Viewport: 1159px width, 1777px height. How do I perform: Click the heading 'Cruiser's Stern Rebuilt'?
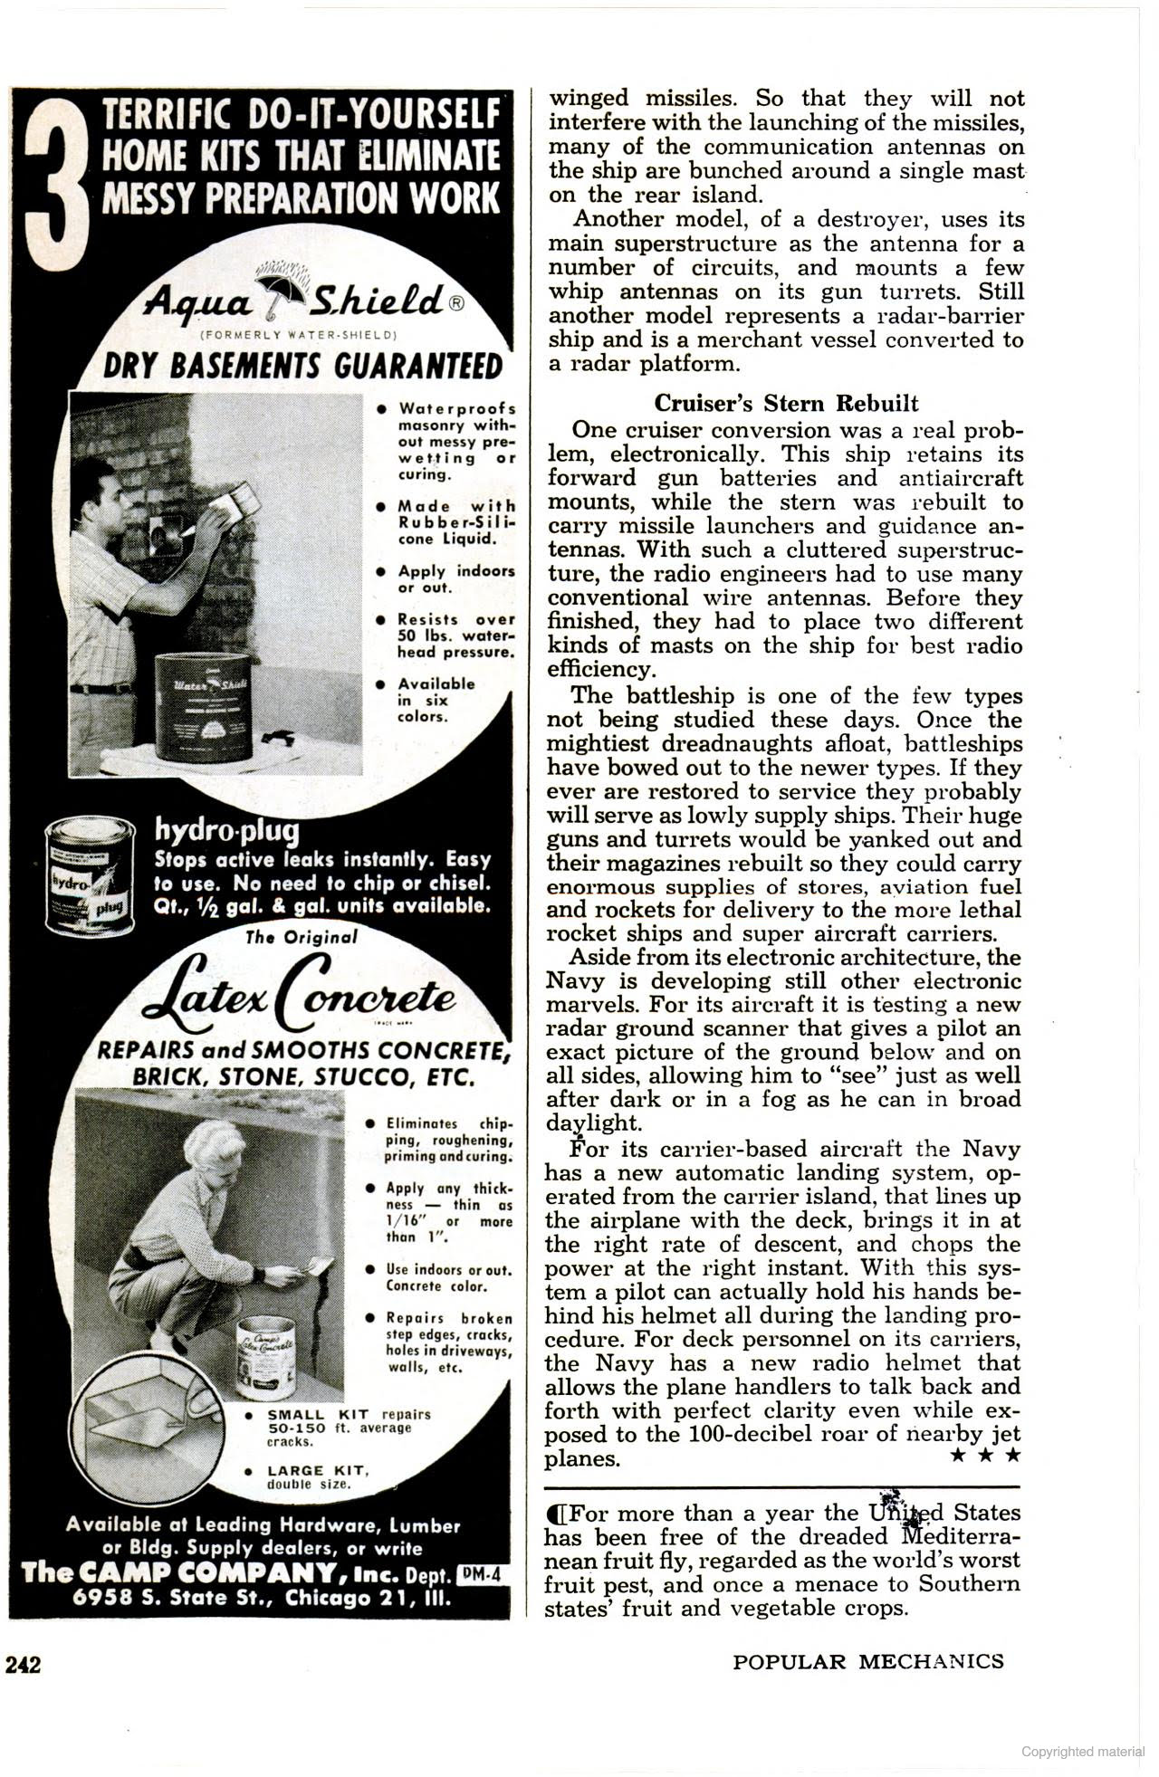pos(785,403)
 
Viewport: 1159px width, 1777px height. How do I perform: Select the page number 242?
pos(24,1664)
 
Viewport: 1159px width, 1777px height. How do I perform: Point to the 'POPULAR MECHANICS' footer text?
pos(867,1661)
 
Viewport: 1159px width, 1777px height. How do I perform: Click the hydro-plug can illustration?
pos(91,875)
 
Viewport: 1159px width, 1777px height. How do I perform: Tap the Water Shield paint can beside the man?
pos(202,707)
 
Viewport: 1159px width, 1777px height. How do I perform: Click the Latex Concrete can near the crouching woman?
pos(266,1357)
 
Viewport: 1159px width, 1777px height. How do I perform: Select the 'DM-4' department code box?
pos(481,1574)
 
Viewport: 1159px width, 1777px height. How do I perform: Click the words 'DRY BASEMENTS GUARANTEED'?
pos(302,367)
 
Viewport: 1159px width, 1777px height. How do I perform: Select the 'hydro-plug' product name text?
pos(226,829)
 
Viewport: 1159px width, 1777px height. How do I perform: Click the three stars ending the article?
pos(985,1455)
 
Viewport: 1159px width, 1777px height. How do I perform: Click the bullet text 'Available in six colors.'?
pos(436,700)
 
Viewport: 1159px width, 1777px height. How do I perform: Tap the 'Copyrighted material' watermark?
pos(1082,1752)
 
